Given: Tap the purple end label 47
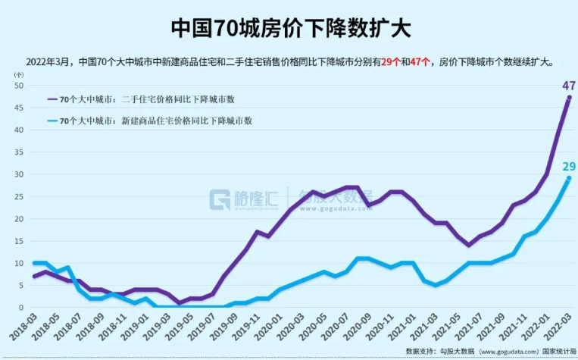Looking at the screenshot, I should (568, 86).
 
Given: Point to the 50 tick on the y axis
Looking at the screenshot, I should (19, 86).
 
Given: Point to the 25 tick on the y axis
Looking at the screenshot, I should (19, 196).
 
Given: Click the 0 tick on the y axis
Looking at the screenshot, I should (21, 308).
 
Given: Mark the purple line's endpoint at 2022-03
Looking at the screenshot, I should (569, 98).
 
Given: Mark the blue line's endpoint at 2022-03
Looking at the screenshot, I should (569, 178).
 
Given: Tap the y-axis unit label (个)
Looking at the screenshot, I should (18, 75).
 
